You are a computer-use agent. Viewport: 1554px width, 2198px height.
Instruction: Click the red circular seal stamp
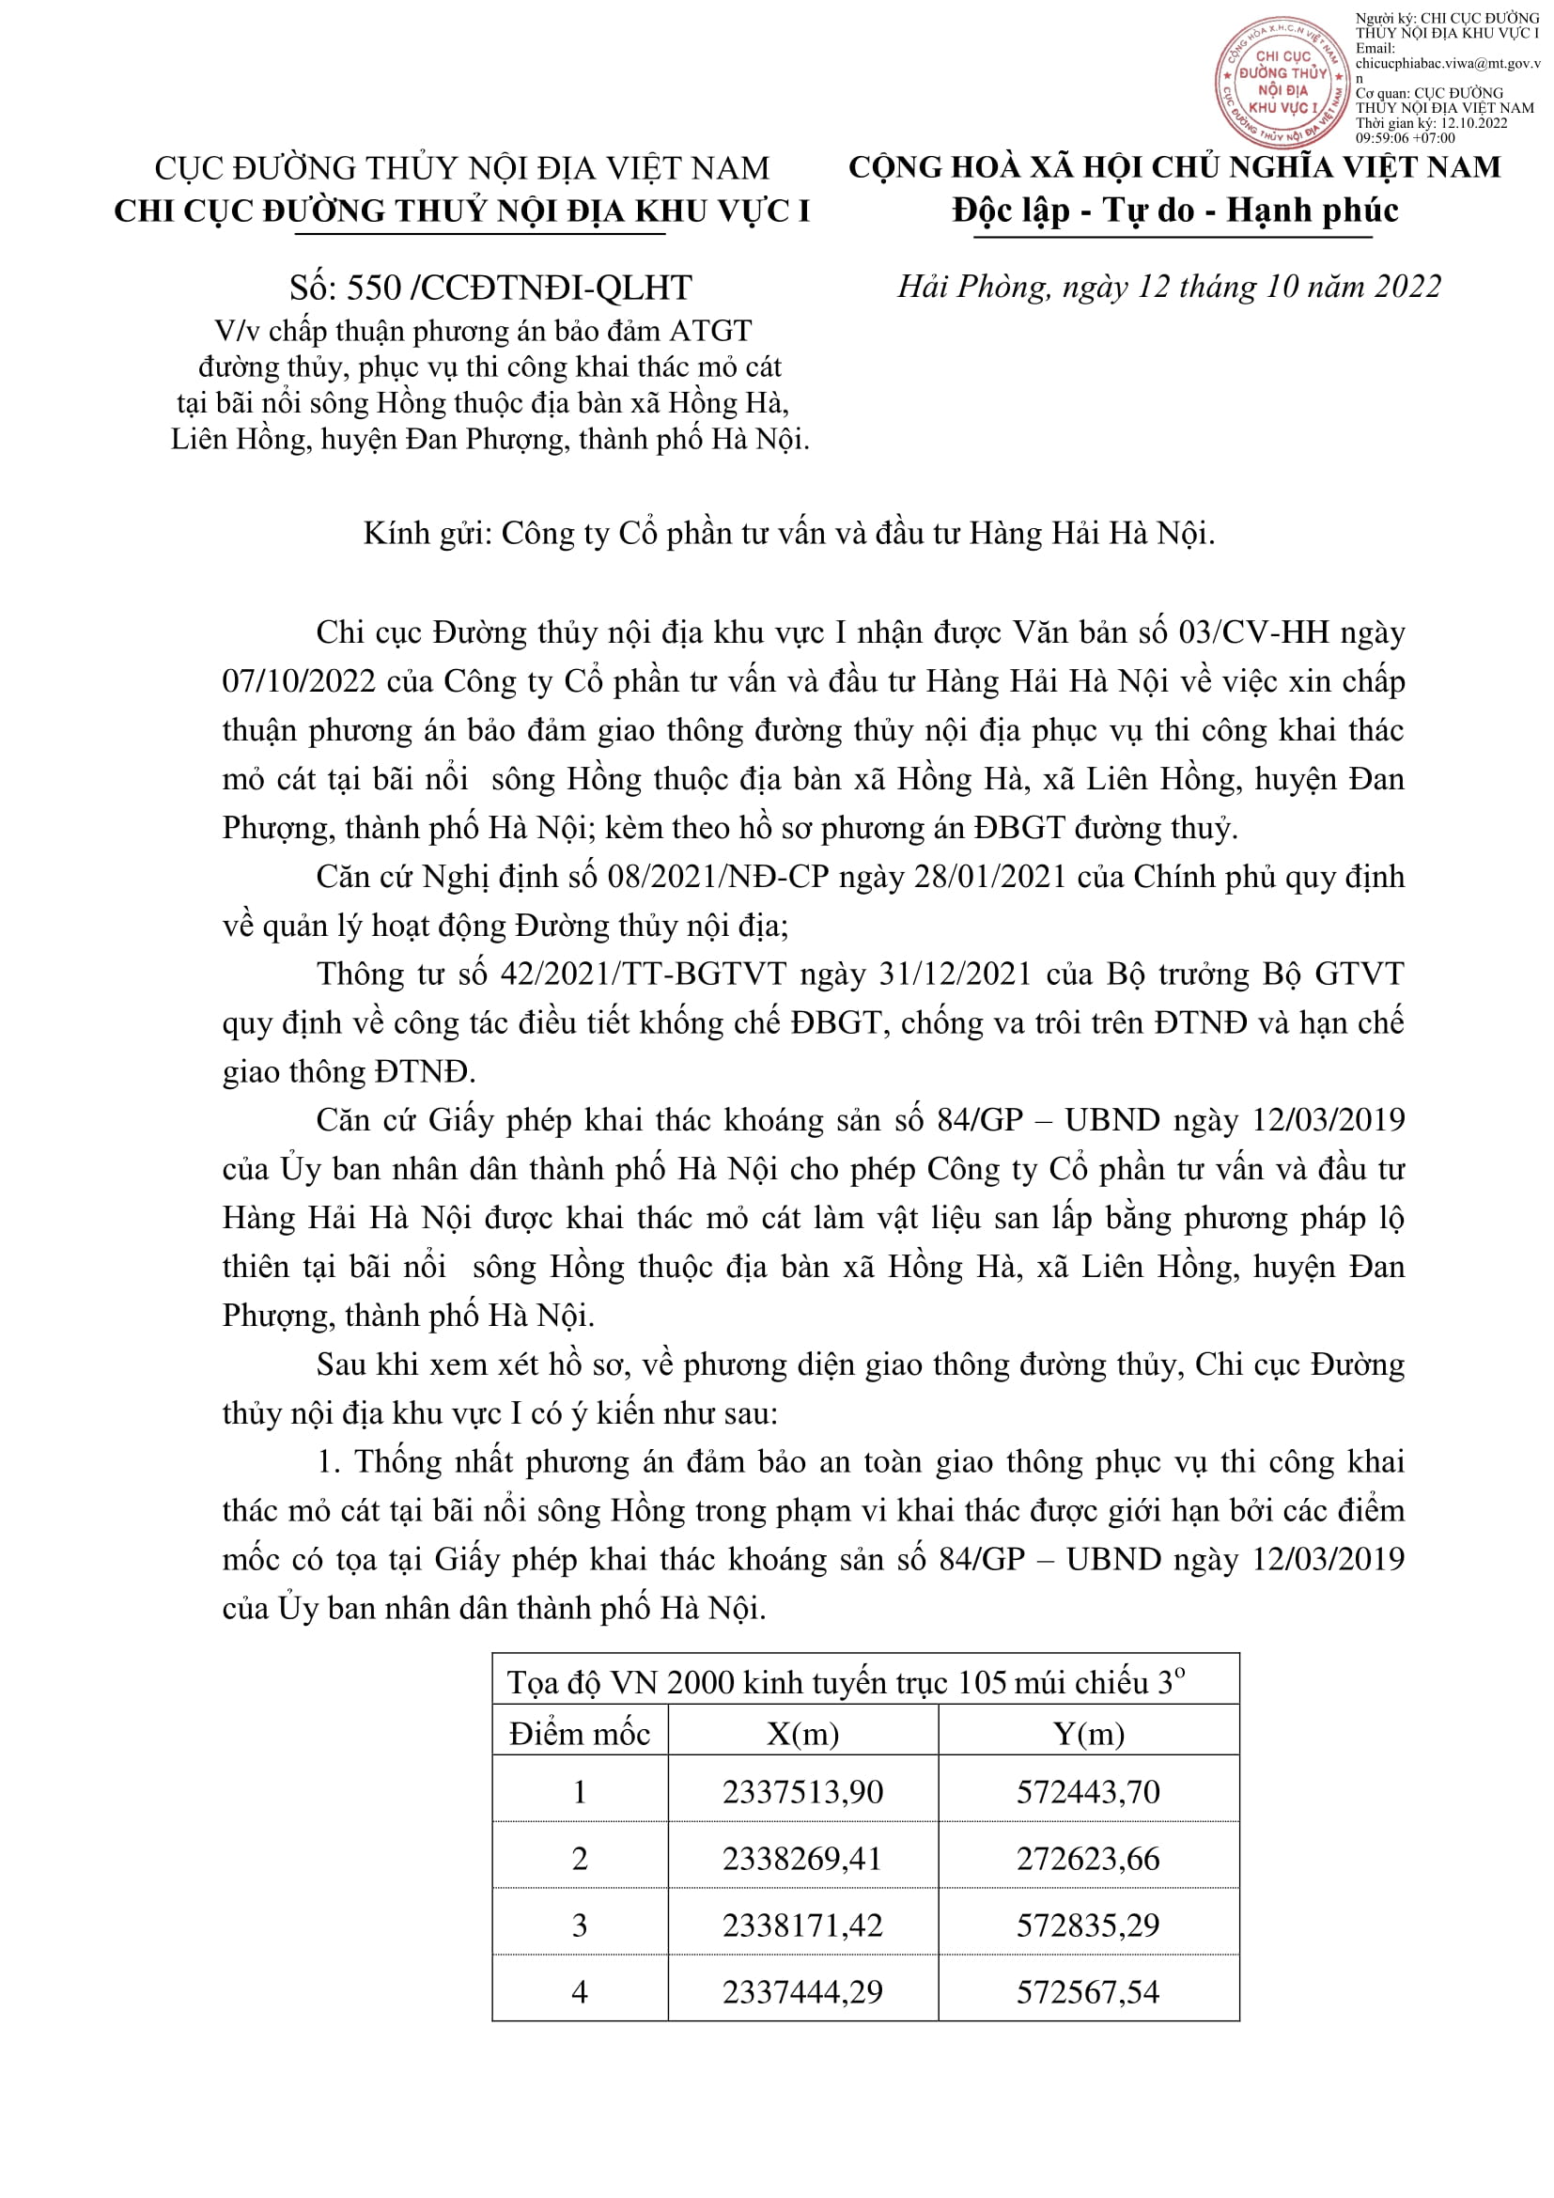1282,83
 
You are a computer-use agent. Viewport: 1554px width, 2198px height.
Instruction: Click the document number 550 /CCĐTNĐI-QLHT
490,288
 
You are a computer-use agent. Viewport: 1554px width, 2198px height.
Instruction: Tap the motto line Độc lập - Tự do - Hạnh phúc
1174,210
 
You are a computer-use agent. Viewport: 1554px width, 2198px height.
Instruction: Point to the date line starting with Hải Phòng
1169,287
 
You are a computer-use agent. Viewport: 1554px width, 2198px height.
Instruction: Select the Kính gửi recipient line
788,533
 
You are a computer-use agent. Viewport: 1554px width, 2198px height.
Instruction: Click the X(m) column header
802,1734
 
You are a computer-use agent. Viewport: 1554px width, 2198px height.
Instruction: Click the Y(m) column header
1088,1734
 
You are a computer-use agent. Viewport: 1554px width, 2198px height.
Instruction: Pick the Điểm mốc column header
579,1734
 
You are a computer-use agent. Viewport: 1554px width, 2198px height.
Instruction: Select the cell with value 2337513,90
802,1792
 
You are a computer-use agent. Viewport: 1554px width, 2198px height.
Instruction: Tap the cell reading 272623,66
1088,1858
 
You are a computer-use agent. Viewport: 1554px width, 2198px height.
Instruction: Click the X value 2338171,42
802,1925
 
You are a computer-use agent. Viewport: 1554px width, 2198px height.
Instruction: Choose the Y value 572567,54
1088,1991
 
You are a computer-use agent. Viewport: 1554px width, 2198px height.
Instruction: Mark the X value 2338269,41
802,1858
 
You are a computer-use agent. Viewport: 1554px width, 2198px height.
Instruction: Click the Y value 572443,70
1088,1792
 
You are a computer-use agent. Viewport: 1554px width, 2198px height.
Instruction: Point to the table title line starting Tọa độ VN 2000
846,1682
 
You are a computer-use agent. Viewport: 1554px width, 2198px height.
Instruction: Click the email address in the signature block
1447,63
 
